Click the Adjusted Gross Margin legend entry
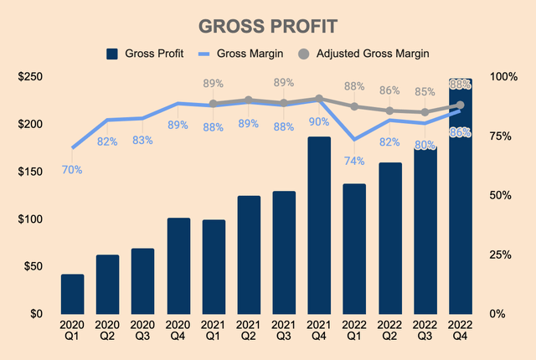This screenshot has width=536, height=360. click(x=373, y=54)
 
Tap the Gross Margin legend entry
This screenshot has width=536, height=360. click(x=245, y=54)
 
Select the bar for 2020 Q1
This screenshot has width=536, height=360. click(x=72, y=294)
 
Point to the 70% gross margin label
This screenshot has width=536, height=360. click(x=72, y=170)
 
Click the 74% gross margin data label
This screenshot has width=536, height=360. click(x=354, y=162)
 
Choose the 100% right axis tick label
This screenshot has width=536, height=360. click(x=504, y=77)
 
